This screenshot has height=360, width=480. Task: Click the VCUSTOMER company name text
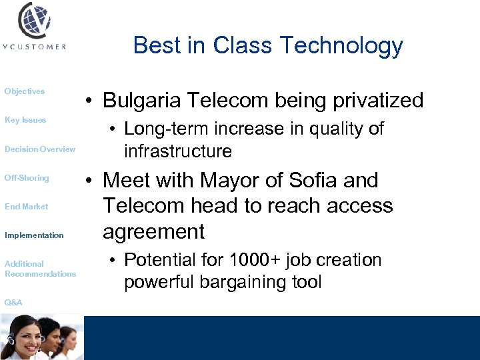point(34,47)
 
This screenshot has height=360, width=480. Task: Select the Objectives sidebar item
point(25,91)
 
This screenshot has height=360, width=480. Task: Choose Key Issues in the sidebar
point(25,120)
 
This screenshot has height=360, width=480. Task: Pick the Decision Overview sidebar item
point(40,149)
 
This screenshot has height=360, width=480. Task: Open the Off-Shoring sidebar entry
point(27,178)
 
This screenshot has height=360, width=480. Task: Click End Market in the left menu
point(27,207)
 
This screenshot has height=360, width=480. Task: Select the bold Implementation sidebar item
point(34,235)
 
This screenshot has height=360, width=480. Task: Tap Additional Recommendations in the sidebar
point(40,269)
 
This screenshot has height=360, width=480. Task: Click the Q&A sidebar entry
point(13,303)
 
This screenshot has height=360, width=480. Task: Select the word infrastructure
point(178,151)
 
